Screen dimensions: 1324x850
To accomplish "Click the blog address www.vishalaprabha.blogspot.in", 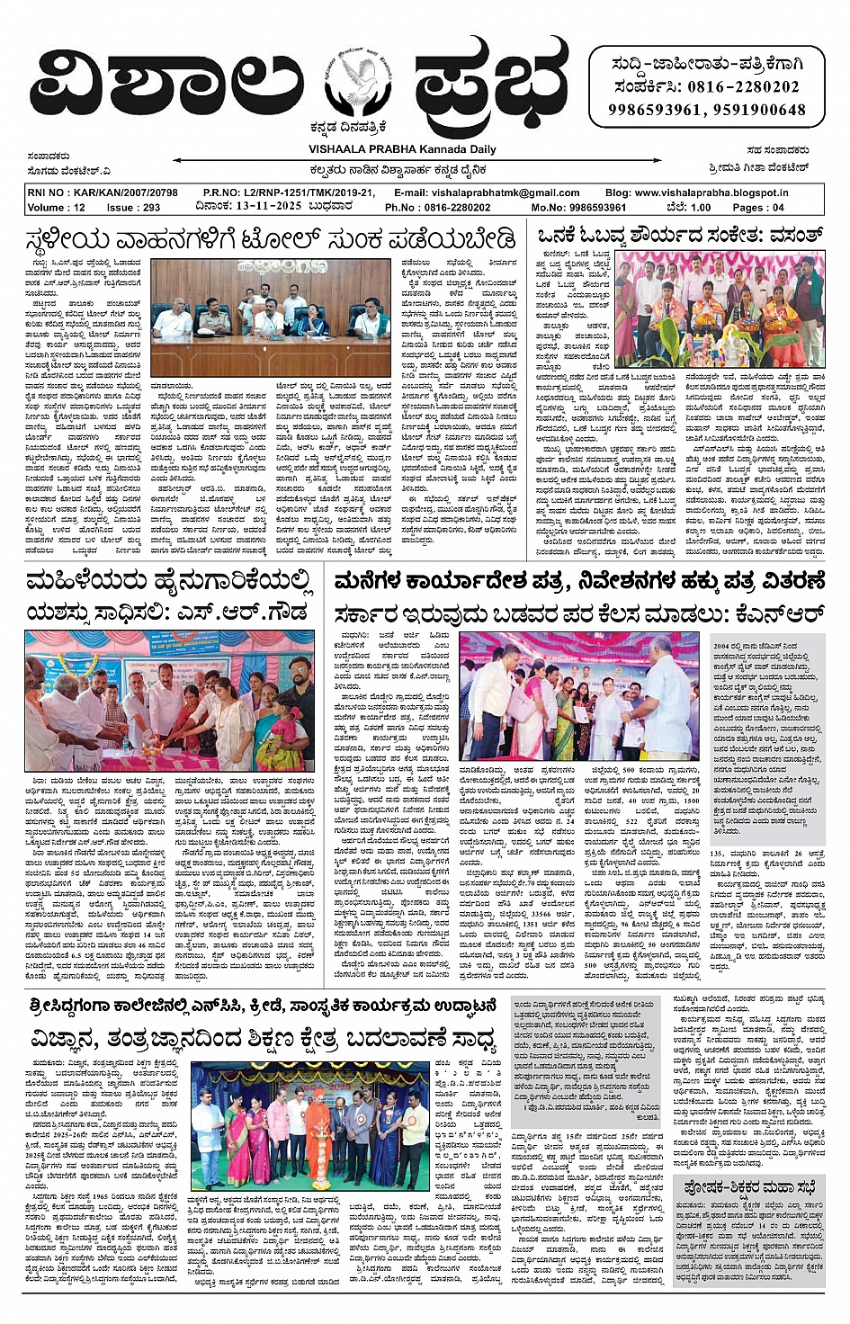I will (x=710, y=192).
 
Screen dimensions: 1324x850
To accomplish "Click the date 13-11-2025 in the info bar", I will (x=267, y=207).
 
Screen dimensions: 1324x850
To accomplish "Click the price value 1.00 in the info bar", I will (x=699, y=207).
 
